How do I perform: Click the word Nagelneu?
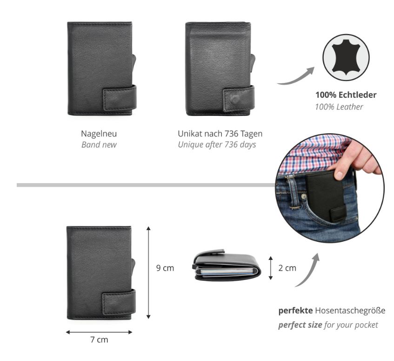(99, 134)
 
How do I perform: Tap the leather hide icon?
(346, 57)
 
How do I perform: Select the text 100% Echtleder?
(346, 95)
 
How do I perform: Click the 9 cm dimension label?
(165, 268)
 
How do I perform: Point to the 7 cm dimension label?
(99, 340)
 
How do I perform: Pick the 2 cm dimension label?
(287, 268)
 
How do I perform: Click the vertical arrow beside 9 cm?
(148, 272)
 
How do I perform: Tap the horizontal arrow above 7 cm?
(99, 332)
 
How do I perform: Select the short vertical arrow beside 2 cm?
(271, 268)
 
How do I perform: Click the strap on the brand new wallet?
(120, 98)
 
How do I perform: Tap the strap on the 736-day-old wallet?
(239, 99)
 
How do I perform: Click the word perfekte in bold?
(295, 311)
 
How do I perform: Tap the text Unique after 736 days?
(217, 145)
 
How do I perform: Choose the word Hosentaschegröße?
(350, 311)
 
